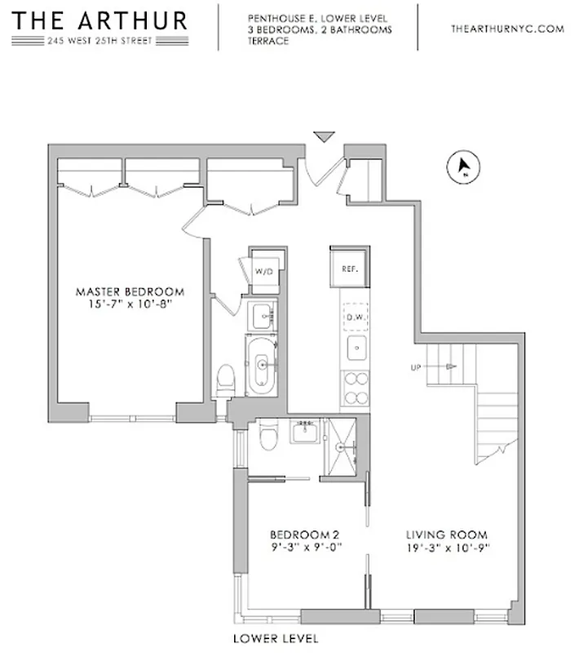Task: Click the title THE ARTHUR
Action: [99, 20]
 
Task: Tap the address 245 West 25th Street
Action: [99, 42]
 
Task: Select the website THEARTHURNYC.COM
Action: [507, 29]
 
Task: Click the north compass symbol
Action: [463, 168]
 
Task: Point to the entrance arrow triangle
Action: [325, 137]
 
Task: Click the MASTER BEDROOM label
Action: [130, 291]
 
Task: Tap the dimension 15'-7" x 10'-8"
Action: [130, 304]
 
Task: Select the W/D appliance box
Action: [263, 270]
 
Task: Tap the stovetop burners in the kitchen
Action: [356, 389]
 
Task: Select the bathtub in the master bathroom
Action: [262, 366]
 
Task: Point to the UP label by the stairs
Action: [416, 368]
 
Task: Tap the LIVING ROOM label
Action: [446, 535]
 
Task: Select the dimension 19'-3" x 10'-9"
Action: [446, 549]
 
